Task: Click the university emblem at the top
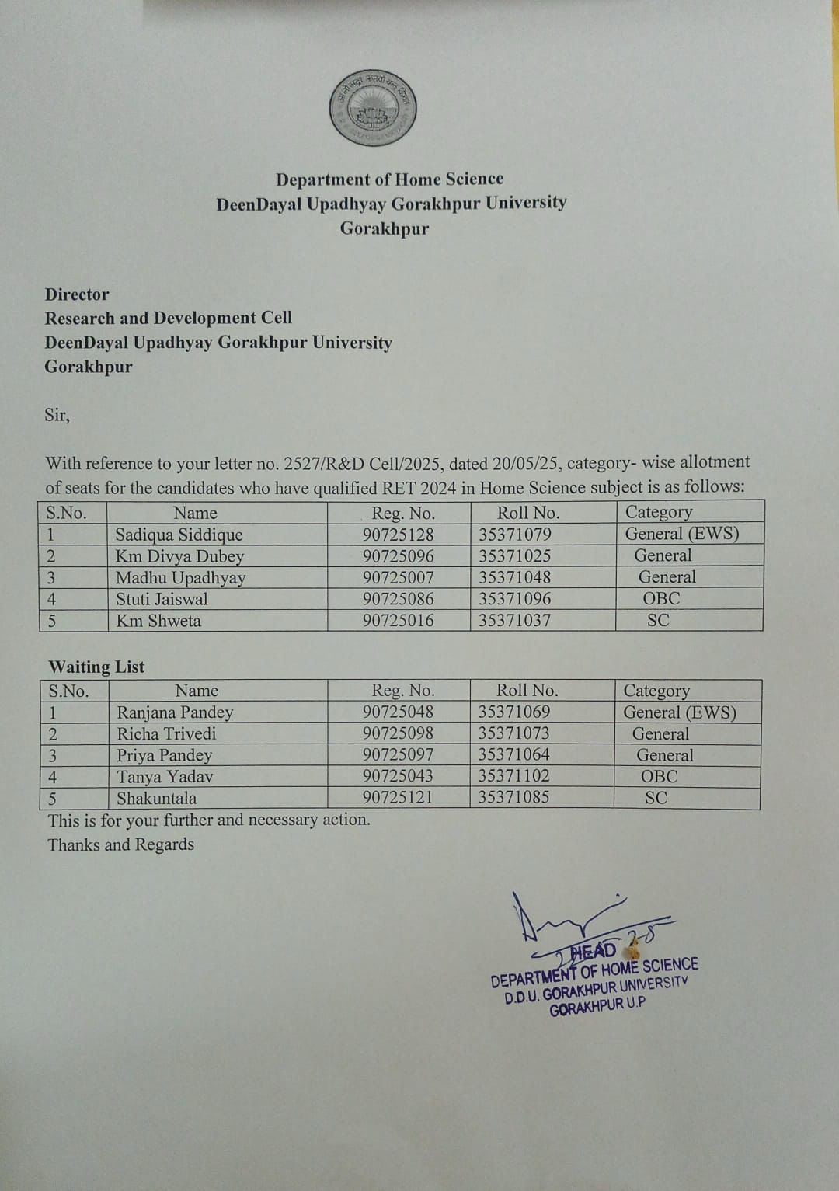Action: click(373, 109)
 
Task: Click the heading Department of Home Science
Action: click(389, 179)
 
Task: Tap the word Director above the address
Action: click(77, 294)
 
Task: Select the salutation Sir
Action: click(57, 415)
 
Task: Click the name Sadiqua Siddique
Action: click(179, 535)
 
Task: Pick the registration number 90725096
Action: click(398, 556)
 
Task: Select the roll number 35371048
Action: click(514, 578)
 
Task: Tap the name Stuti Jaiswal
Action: click(162, 599)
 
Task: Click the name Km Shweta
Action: click(158, 621)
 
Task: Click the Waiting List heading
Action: click(96, 667)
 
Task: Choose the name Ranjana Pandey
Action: click(175, 712)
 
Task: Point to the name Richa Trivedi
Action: click(166, 733)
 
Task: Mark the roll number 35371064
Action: click(513, 754)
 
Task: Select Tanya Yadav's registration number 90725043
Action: click(398, 776)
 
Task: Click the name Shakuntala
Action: click(156, 798)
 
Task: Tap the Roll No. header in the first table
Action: click(527, 513)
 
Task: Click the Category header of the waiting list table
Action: click(656, 691)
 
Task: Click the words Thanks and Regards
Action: click(121, 844)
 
